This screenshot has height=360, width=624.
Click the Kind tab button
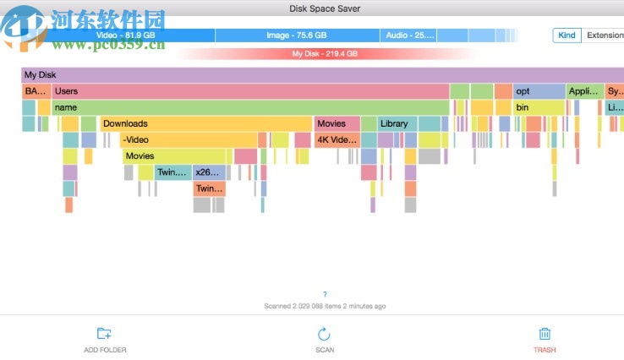[x=567, y=35]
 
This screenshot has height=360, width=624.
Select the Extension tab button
[x=604, y=35]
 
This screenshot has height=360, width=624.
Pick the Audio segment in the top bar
[x=409, y=35]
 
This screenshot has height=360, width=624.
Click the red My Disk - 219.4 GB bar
[x=325, y=53]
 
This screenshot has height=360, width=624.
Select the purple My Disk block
[x=321, y=74]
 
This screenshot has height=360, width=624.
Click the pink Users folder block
[x=250, y=90]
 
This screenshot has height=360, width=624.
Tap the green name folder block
[x=250, y=107]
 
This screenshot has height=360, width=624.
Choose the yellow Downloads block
[x=206, y=123]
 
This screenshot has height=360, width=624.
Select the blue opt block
[x=539, y=90]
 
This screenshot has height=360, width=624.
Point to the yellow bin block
[x=539, y=107]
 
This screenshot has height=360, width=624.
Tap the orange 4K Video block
[x=337, y=139]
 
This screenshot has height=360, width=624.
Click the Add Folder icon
[x=105, y=334]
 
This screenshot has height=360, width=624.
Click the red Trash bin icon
[x=545, y=334]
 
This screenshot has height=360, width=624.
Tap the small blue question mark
[x=325, y=294]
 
